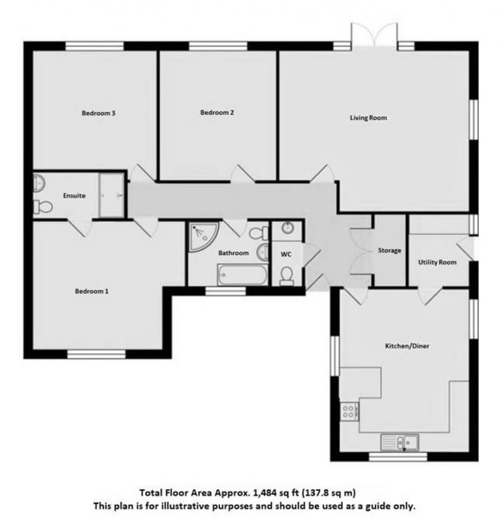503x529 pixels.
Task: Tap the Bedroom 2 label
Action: pos(217,113)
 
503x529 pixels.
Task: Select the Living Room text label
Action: pos(368,118)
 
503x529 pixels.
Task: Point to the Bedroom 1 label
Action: pos(91,291)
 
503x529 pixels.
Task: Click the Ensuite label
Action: pos(74,196)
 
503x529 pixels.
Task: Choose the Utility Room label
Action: pos(437,262)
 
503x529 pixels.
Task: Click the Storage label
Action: pos(389,250)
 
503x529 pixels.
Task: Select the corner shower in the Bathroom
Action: pos(202,236)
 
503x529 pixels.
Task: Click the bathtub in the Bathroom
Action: pos(243,274)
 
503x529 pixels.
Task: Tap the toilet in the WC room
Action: pos(286,276)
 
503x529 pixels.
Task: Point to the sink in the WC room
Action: pos(287,228)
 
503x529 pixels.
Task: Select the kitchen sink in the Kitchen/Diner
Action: pos(400,442)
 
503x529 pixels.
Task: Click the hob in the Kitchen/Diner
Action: pos(349,410)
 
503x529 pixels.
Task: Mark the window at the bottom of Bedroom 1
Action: pos(96,353)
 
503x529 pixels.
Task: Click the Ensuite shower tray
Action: pos(113,195)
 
